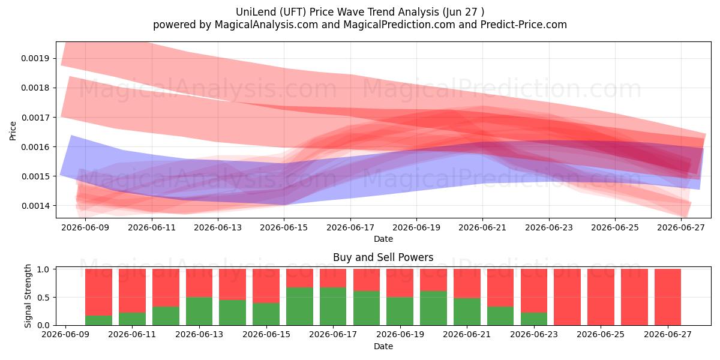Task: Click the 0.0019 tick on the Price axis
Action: (x=35, y=59)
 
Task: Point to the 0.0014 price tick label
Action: (x=35, y=206)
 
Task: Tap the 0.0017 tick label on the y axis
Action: (x=35, y=118)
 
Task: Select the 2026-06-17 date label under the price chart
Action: (x=350, y=227)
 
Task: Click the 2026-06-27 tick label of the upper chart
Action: (x=681, y=227)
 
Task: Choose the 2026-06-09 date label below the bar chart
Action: (x=65, y=334)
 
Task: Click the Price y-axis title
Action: (x=13, y=131)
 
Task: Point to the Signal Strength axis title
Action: (x=28, y=296)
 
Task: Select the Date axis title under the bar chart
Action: (x=383, y=346)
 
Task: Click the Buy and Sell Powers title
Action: (x=383, y=257)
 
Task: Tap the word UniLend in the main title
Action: (x=256, y=12)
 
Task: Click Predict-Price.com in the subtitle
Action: (x=524, y=25)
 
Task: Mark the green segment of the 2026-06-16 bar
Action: (x=299, y=307)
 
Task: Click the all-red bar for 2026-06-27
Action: (x=668, y=298)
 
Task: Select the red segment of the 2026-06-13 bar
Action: (x=199, y=283)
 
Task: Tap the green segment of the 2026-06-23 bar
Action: (x=534, y=319)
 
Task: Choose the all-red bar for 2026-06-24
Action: (x=568, y=298)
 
